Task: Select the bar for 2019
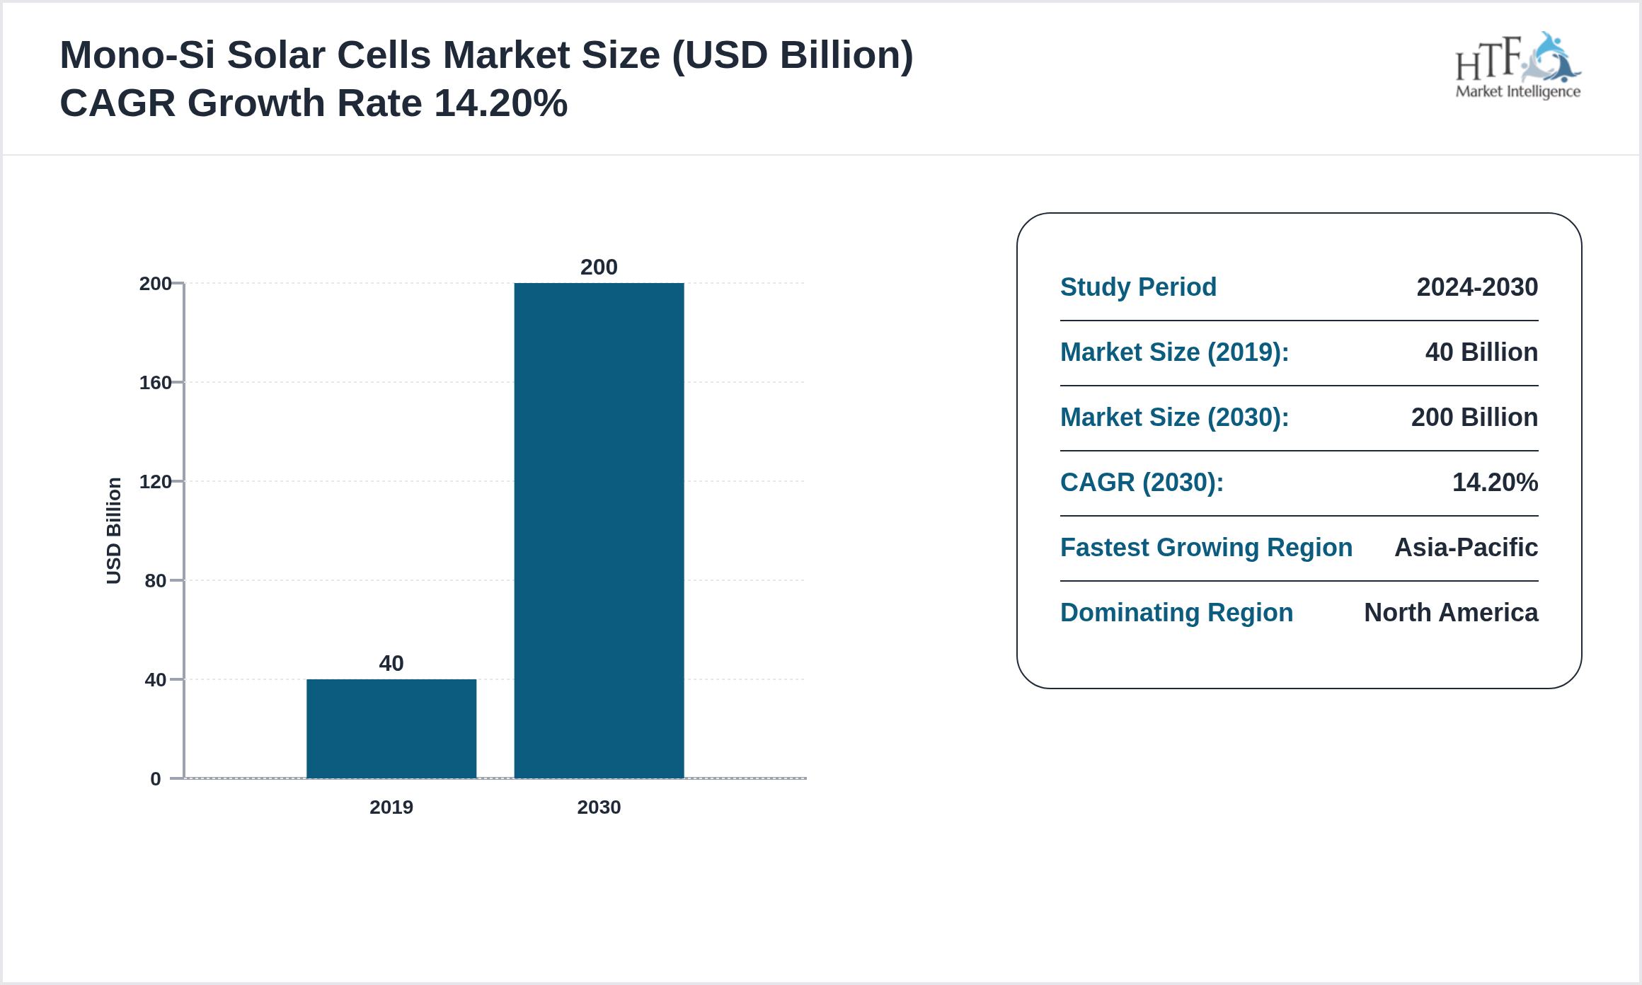point(391,729)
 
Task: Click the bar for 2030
point(599,531)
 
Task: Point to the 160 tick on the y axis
point(156,383)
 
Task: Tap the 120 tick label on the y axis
point(156,482)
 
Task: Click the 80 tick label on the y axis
point(156,581)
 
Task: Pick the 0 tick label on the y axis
point(156,779)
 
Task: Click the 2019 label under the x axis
point(391,807)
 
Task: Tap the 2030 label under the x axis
point(599,807)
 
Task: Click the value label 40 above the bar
point(391,663)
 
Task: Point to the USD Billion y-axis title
point(114,531)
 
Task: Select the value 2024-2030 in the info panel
point(1477,287)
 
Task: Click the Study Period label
point(1138,287)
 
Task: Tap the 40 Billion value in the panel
point(1481,352)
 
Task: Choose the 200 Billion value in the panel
point(1474,417)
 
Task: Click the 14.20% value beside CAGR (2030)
point(1495,483)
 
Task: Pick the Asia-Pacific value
point(1466,548)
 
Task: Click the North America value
point(1451,613)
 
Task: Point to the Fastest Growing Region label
point(1206,548)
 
